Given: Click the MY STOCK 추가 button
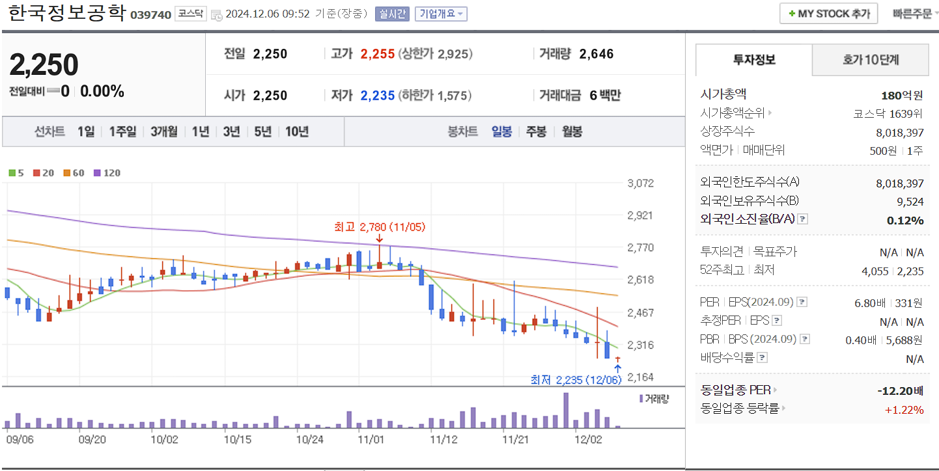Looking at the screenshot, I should [828, 14].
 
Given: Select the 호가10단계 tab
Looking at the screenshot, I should [870, 61].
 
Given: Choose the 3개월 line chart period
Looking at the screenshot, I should [163, 131].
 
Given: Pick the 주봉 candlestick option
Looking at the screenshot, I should [536, 131].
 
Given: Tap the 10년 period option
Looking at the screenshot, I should [297, 131].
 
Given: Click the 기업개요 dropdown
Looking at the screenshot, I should [441, 14].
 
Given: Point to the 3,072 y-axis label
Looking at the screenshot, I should [640, 183].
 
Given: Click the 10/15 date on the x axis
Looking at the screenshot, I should [237, 439].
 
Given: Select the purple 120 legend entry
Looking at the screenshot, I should [107, 173].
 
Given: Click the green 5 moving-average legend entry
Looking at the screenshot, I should [16, 173].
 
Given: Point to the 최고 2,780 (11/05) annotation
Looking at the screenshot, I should [379, 227].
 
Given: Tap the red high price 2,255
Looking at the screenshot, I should [378, 54].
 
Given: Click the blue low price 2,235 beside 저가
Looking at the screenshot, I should [378, 96].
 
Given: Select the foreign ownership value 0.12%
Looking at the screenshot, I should [905, 220].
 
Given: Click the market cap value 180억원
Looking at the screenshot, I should [902, 96].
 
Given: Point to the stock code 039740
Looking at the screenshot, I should [150, 14].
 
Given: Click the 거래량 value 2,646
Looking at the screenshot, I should [596, 54].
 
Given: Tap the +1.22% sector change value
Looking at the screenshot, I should [904, 409].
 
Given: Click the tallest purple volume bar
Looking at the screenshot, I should [566, 410].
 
